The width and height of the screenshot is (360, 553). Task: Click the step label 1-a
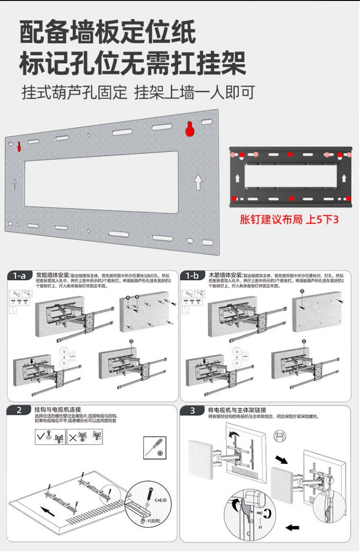19,276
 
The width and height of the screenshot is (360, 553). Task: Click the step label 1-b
192,276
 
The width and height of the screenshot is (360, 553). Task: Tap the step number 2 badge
19,410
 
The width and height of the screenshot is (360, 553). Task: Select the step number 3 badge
192,410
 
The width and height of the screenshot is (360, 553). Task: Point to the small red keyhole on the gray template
19,146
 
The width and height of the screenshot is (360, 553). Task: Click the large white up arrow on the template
198,182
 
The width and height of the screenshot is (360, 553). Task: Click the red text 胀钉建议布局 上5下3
289,219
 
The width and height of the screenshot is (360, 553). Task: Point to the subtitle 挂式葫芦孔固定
74,92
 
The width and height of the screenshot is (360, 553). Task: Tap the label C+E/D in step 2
161,500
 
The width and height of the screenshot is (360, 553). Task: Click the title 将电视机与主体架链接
237,410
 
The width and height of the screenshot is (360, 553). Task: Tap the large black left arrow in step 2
48,510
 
